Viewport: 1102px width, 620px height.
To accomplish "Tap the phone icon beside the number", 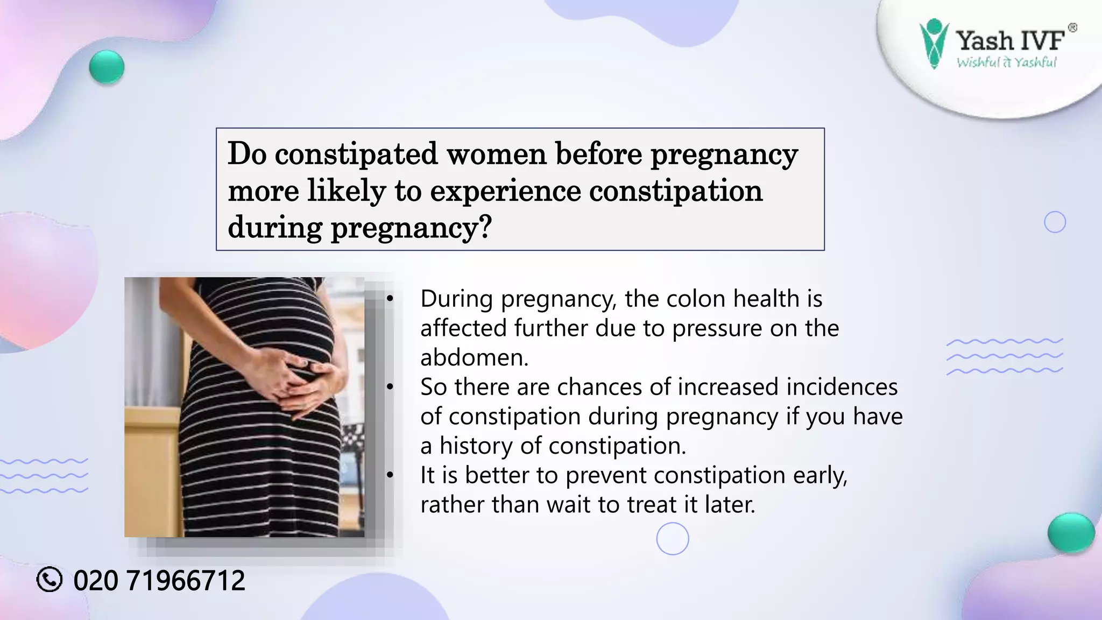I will click(50, 580).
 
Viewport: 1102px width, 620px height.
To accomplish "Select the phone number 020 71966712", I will click(159, 581).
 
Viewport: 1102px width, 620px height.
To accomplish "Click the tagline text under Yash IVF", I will click(1006, 62).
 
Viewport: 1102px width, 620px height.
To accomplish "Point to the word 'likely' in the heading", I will click(347, 191).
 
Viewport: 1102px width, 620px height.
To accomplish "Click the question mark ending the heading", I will click(485, 227).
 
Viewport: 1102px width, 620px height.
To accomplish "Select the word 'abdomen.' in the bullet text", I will click(474, 358).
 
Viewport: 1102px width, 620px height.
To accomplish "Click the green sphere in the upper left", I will click(107, 67).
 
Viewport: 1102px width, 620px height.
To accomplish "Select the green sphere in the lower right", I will click(1071, 533).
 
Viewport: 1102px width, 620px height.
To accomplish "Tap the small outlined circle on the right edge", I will click(1055, 222).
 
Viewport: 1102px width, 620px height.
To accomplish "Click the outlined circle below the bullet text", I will click(673, 539).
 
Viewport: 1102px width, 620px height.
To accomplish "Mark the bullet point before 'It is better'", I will click(390, 475).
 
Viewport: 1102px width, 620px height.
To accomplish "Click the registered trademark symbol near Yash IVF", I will click(1072, 28).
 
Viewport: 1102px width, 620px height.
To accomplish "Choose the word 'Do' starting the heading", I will click(247, 154).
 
